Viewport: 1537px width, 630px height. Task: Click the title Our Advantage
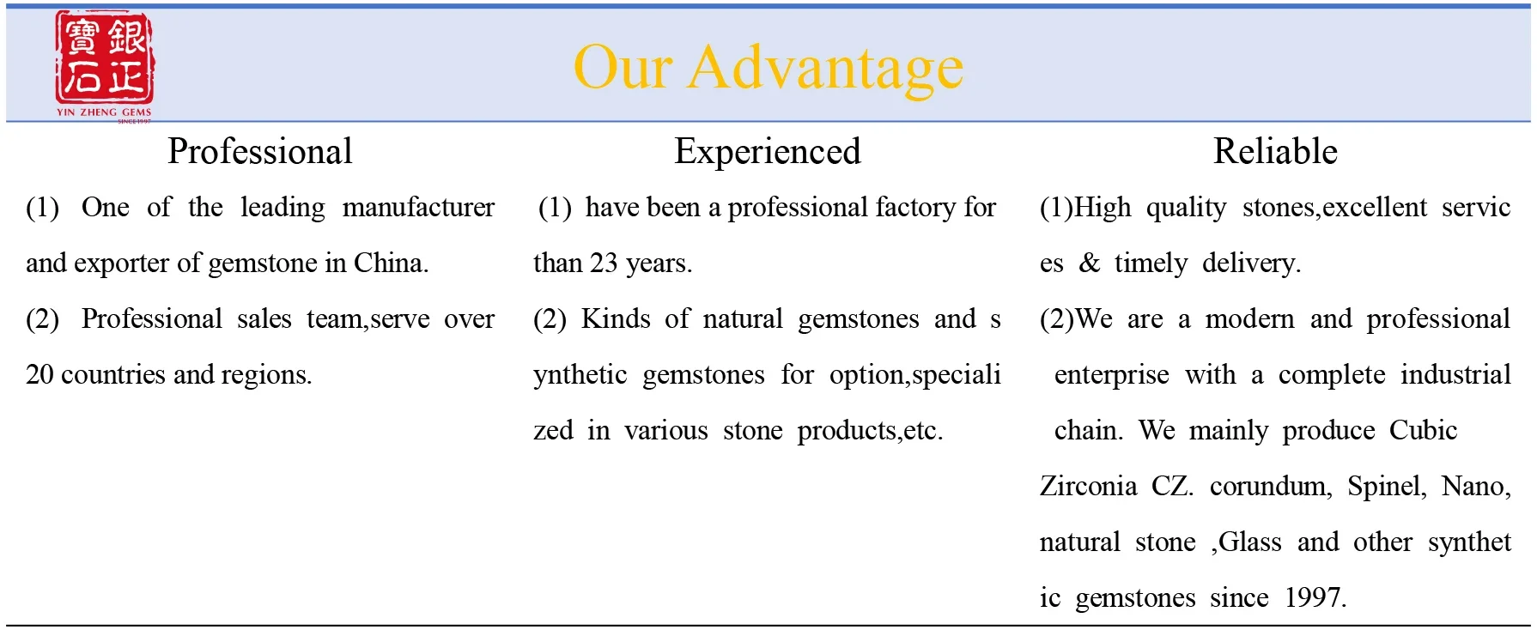click(x=768, y=68)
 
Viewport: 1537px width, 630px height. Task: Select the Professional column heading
click(x=260, y=152)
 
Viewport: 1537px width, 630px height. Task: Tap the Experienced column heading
click(x=767, y=152)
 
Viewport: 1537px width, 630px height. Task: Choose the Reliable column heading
click(x=1275, y=152)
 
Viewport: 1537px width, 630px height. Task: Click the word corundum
click(x=1270, y=486)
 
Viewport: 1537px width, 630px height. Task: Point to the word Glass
click(x=1250, y=542)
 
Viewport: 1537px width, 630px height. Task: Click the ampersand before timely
click(x=1089, y=263)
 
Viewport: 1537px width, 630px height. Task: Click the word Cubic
click(x=1423, y=430)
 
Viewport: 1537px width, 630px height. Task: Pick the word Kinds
click(x=616, y=318)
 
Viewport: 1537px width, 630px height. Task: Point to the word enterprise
click(x=1111, y=374)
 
